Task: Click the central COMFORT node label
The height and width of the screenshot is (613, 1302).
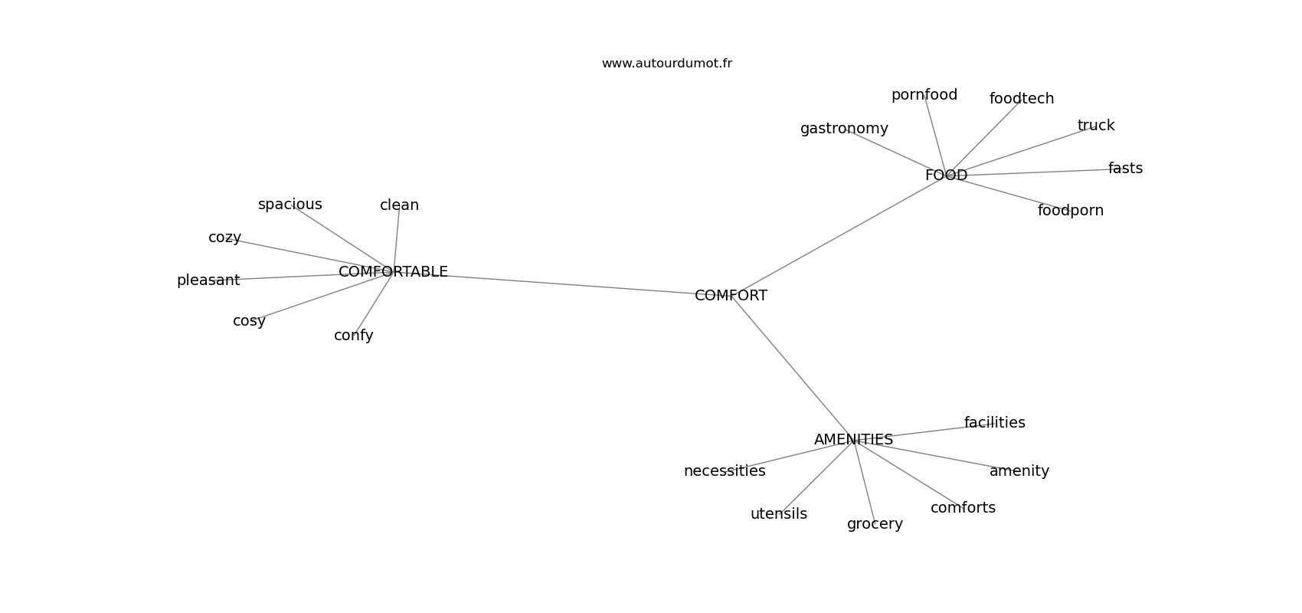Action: (x=731, y=296)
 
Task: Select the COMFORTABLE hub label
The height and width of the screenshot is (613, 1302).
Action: (x=393, y=271)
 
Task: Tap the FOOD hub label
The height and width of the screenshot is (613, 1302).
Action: (x=947, y=175)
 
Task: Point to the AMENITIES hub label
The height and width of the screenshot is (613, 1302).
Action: (x=853, y=440)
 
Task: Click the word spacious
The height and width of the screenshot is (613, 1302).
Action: (x=290, y=205)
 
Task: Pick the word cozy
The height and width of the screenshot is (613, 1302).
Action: (x=224, y=238)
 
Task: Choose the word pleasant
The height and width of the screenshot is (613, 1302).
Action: (x=208, y=280)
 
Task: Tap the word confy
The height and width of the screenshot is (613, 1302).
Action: (x=353, y=336)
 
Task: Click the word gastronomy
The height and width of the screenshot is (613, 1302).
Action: (x=844, y=129)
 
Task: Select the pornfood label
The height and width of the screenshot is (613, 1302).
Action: (x=924, y=95)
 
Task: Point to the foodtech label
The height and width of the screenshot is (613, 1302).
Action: (x=1021, y=99)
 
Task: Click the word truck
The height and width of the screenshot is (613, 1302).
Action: (x=1096, y=126)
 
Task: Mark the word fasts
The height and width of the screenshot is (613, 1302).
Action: (x=1125, y=168)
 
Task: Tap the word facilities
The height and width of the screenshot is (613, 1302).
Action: (x=995, y=423)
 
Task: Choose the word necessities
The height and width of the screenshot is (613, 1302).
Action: (x=725, y=471)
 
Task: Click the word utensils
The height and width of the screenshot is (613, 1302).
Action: (x=779, y=514)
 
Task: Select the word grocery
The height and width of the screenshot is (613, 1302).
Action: (x=875, y=524)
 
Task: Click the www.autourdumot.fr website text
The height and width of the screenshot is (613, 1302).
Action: (x=666, y=64)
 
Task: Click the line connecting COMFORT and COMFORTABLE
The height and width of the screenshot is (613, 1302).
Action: (x=561, y=284)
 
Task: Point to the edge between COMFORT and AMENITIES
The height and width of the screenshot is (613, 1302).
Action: (x=792, y=368)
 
